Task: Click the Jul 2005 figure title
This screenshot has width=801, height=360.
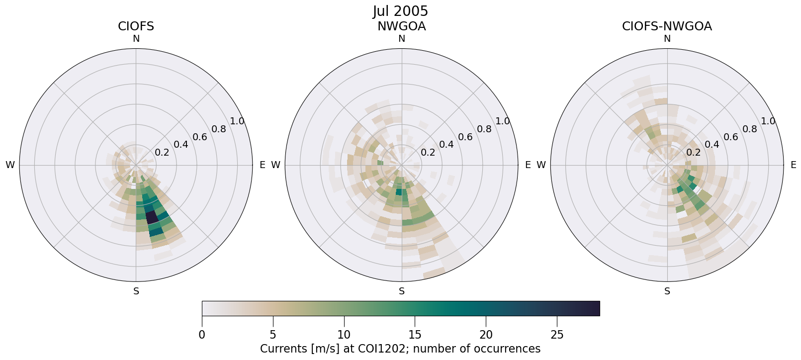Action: (400, 11)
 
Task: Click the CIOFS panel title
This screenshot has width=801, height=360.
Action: (136, 26)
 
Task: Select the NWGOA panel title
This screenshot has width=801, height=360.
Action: (401, 26)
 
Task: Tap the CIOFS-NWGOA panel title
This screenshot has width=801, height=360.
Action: (667, 26)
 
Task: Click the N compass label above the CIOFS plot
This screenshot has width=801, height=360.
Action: (136, 39)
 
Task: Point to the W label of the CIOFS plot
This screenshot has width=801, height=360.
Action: (10, 165)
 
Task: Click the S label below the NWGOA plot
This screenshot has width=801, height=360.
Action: (402, 291)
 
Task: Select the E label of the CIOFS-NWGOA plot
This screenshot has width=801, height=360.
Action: (793, 165)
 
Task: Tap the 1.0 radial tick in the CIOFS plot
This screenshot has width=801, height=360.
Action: (237, 121)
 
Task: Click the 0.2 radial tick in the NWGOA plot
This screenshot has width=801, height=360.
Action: (428, 152)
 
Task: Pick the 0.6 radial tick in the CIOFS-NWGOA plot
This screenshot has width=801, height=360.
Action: (730, 137)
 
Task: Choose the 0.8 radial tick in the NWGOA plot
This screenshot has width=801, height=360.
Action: (484, 129)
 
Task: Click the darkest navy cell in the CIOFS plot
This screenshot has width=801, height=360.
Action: (152, 217)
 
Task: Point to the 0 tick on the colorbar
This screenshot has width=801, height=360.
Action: (202, 335)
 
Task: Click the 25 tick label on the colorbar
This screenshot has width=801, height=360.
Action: (557, 335)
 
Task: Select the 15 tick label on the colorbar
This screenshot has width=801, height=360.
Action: (415, 335)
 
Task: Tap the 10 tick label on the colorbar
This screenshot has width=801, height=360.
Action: (344, 335)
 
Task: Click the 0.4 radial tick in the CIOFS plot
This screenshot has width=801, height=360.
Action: (181, 145)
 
